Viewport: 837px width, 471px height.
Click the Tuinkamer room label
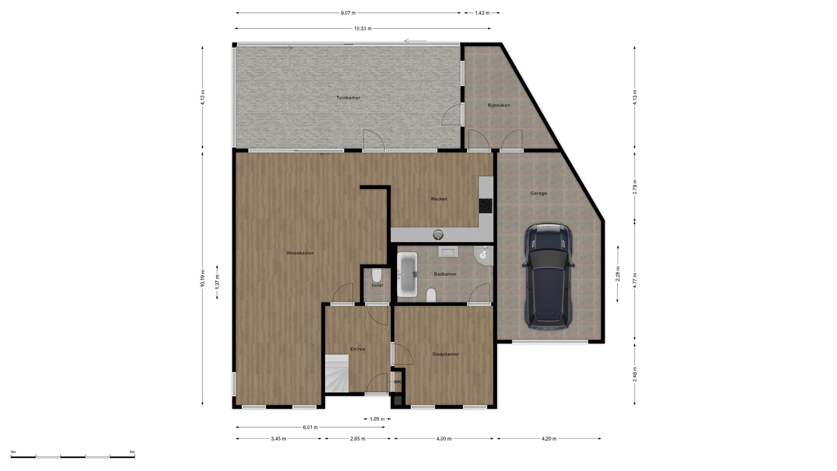[x=348, y=98]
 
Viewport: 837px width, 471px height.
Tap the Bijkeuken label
[x=499, y=105]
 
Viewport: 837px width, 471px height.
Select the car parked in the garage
[x=548, y=276]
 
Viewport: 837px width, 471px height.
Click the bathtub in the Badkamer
[x=407, y=274]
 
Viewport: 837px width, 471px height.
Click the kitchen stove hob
[x=486, y=205]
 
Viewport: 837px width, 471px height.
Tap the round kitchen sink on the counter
[x=438, y=234]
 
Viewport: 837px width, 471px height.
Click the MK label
[x=398, y=382]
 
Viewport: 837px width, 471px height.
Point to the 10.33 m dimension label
[x=363, y=28]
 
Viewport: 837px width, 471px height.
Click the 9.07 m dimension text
[x=348, y=13]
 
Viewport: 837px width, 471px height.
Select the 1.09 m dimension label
[x=377, y=419]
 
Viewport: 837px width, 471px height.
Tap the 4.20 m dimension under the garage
[x=549, y=439]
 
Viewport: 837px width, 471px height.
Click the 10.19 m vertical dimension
[x=202, y=278]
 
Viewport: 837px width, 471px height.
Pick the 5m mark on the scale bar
[x=132, y=452]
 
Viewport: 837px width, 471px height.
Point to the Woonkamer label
[x=300, y=253]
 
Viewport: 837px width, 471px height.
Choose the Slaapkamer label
[x=446, y=354]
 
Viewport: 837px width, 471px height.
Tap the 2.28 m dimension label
[x=618, y=274]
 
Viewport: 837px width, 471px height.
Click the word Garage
[x=539, y=193]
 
